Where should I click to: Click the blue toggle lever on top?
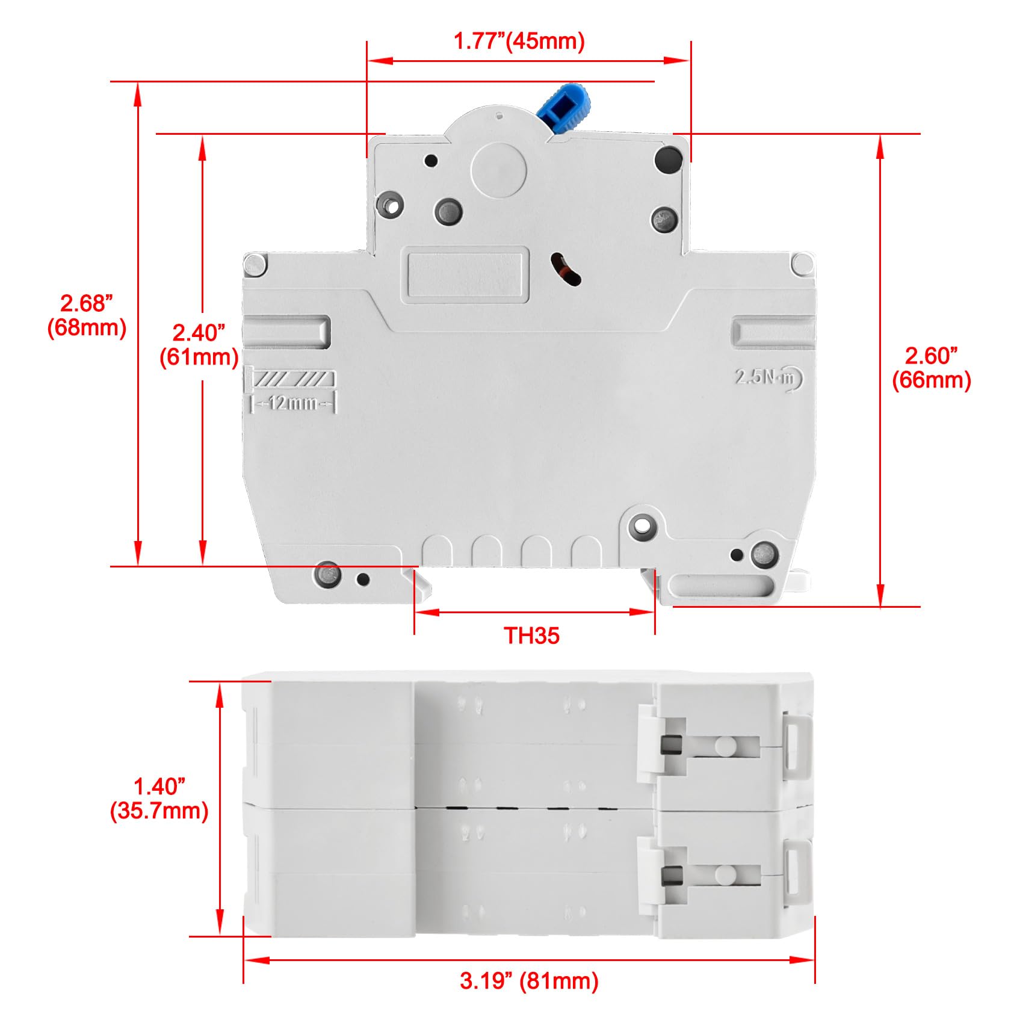[565, 107]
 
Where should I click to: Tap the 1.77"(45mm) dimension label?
[519, 41]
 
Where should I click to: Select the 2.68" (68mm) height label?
[87, 315]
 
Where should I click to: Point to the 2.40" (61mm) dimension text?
[199, 344]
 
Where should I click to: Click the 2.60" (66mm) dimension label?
[931, 368]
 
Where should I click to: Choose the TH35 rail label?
[532, 635]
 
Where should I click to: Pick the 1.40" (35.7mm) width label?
[159, 798]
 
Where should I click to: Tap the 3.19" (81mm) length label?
[530, 981]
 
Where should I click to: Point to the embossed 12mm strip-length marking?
[293, 403]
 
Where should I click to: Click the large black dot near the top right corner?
[668, 159]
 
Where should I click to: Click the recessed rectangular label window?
[465, 274]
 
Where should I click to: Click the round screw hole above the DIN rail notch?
[642, 526]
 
